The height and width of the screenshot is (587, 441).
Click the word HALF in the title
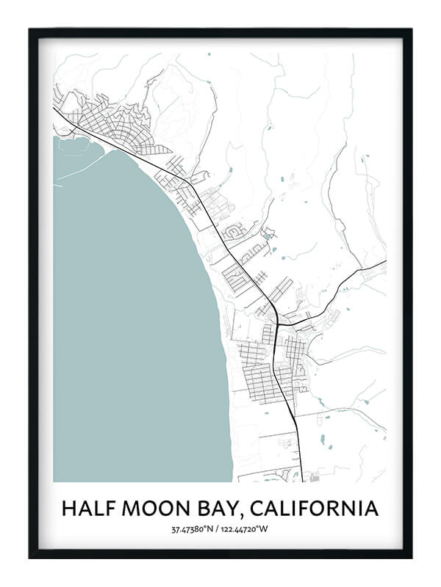(x=87, y=508)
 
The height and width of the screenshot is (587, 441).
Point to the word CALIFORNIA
(x=319, y=508)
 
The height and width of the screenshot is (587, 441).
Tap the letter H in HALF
(x=68, y=508)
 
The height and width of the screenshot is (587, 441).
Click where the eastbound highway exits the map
(x=385, y=261)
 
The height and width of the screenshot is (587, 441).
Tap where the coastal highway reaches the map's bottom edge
(x=302, y=481)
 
